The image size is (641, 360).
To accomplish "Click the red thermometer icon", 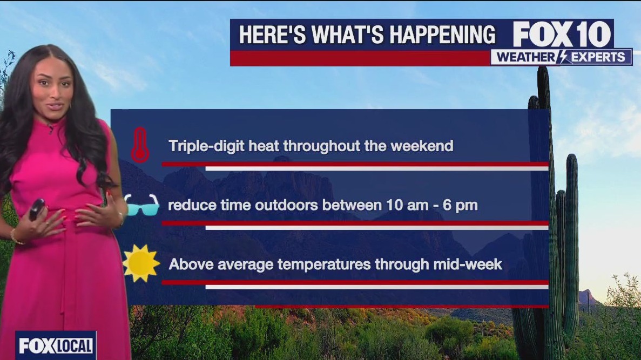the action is click(x=140, y=145).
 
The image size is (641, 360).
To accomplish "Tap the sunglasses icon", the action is click(x=141, y=205).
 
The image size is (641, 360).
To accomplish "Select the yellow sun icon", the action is click(x=141, y=263).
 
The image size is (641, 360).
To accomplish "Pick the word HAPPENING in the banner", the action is click(x=442, y=35).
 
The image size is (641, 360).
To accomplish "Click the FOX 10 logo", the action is click(x=562, y=35).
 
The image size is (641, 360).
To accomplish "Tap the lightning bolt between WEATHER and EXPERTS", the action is click(x=563, y=57).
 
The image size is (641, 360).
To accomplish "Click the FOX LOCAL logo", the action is click(x=56, y=346).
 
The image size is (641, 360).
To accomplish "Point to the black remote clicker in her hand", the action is click(x=37, y=208).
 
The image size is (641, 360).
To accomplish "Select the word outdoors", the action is click(x=286, y=205).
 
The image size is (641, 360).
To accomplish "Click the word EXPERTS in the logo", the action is click(x=598, y=57).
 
